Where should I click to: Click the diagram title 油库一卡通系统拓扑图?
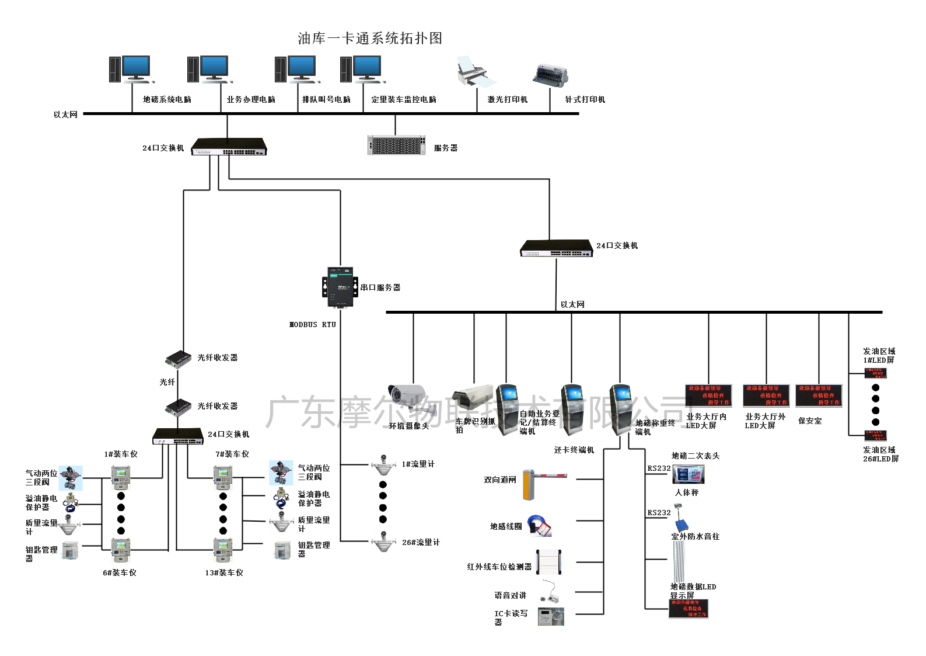[370, 39]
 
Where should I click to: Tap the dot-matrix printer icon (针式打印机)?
[550, 75]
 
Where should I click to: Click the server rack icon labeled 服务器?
[396, 145]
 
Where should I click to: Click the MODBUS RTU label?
[313, 325]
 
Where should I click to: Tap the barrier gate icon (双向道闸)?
[543, 483]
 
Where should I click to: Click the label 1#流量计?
[418, 464]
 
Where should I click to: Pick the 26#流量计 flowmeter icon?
[383, 542]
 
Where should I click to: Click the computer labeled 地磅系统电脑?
[130, 69]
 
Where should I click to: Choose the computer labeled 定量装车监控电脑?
[361, 69]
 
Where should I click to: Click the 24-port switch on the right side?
[556, 248]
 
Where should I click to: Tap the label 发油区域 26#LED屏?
[880, 454]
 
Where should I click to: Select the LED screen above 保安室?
[819, 395]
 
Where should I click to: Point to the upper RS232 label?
[659, 468]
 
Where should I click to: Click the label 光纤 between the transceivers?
[167, 382]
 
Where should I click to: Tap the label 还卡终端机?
[574, 450]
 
